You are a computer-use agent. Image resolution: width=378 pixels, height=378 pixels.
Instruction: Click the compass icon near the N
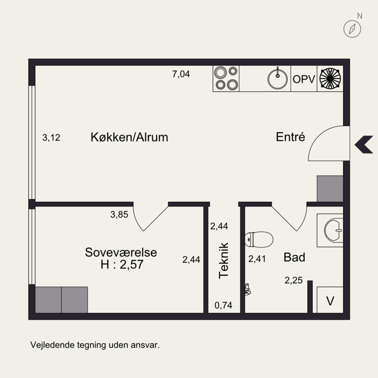(352, 29)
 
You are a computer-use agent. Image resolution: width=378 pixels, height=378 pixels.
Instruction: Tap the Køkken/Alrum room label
(129, 137)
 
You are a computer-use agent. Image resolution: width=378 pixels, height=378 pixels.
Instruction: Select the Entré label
(290, 137)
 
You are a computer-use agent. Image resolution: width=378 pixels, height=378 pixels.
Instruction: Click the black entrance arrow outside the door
(364, 145)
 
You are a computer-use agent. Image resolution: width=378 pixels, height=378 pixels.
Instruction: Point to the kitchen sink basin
(277, 79)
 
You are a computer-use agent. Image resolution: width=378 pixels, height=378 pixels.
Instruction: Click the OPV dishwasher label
(304, 79)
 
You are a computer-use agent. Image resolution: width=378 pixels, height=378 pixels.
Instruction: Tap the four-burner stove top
(226, 78)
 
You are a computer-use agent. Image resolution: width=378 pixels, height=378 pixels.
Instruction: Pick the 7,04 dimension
(181, 74)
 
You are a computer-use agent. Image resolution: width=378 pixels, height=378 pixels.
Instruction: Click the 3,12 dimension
(51, 137)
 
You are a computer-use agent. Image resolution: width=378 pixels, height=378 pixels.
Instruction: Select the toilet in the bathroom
(259, 240)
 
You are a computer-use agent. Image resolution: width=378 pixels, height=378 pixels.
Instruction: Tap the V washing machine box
(330, 300)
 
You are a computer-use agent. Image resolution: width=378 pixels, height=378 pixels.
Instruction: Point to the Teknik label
(223, 261)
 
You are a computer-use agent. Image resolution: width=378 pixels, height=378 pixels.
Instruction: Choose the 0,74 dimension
(223, 305)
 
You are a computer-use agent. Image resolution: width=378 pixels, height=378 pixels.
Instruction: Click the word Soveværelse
(121, 252)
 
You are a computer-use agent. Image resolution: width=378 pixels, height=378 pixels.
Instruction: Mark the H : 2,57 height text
(122, 265)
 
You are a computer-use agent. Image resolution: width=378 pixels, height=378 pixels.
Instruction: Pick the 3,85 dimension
(119, 215)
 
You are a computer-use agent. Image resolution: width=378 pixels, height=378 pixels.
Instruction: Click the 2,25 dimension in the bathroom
(293, 280)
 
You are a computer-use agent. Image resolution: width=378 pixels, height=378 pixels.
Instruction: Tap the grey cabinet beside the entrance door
(330, 189)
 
